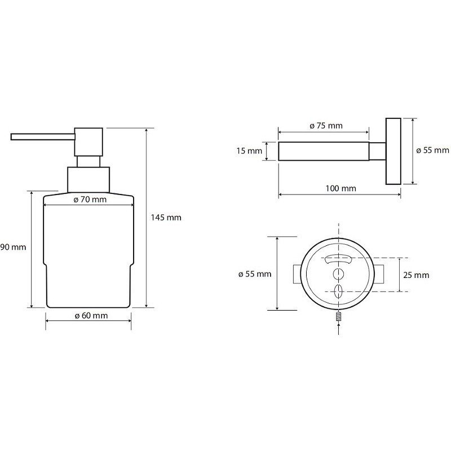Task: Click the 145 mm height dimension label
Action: click(x=166, y=218)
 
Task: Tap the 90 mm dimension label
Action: click(x=13, y=247)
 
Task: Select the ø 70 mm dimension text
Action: click(x=90, y=200)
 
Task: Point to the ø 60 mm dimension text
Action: click(x=91, y=316)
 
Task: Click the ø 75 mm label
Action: click(x=326, y=126)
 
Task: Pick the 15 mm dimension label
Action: click(x=249, y=151)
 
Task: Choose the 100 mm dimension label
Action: click(x=341, y=188)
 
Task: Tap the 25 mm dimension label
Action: click(x=416, y=275)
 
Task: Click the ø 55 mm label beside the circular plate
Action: click(x=255, y=274)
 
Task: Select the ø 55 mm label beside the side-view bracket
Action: click(x=432, y=150)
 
